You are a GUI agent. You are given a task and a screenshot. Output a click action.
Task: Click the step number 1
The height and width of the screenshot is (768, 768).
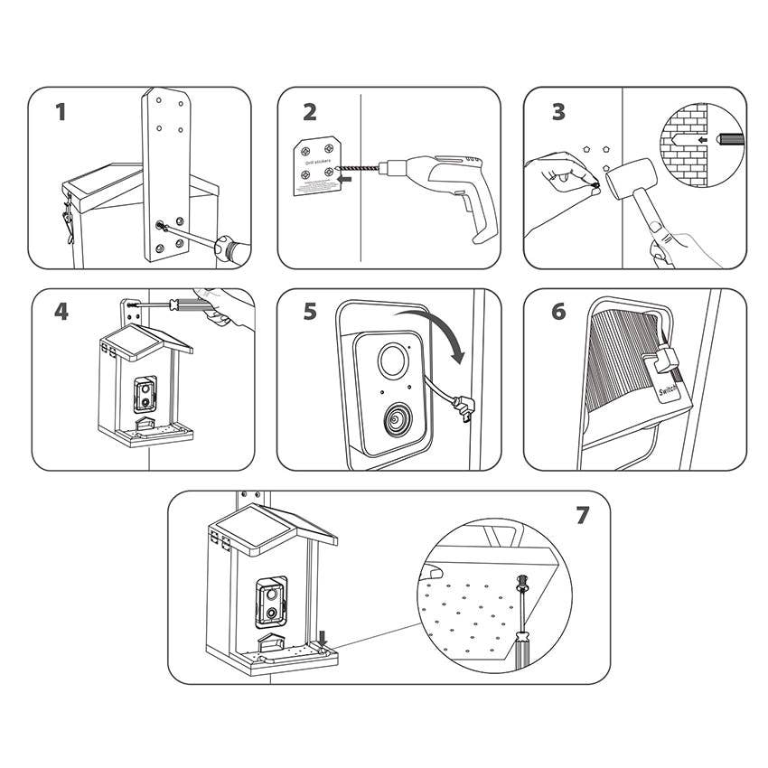(61, 112)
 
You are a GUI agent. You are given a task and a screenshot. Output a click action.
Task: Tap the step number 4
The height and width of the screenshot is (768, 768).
(61, 312)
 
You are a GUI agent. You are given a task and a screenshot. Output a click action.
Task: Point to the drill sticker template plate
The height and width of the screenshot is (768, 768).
(320, 164)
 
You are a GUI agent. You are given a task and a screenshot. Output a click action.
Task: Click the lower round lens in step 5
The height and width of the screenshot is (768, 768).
(397, 421)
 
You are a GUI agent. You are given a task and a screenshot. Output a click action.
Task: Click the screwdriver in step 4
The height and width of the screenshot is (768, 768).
(181, 305)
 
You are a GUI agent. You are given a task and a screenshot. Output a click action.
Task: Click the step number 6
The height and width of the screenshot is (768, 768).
(558, 312)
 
